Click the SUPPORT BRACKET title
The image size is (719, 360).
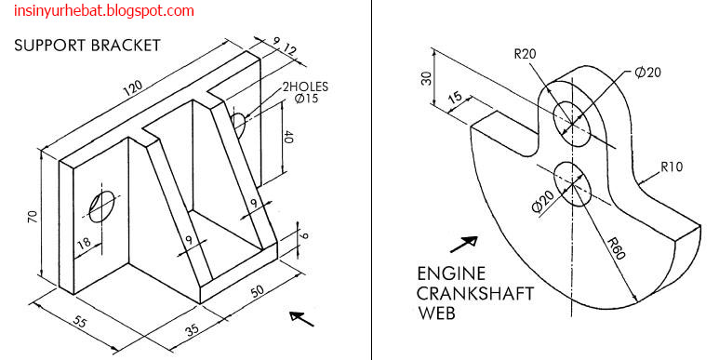point(87,45)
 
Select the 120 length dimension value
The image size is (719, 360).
point(137,87)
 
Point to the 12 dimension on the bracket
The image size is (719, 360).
point(290,48)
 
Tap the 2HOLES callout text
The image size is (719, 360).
point(306,87)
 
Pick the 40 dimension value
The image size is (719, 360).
point(289,139)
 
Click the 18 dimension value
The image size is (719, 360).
point(85,244)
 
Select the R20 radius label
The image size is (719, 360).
point(526,54)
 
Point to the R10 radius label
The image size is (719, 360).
point(672,167)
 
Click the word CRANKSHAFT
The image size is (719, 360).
point(475,294)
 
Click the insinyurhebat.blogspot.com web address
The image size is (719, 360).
point(99,11)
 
